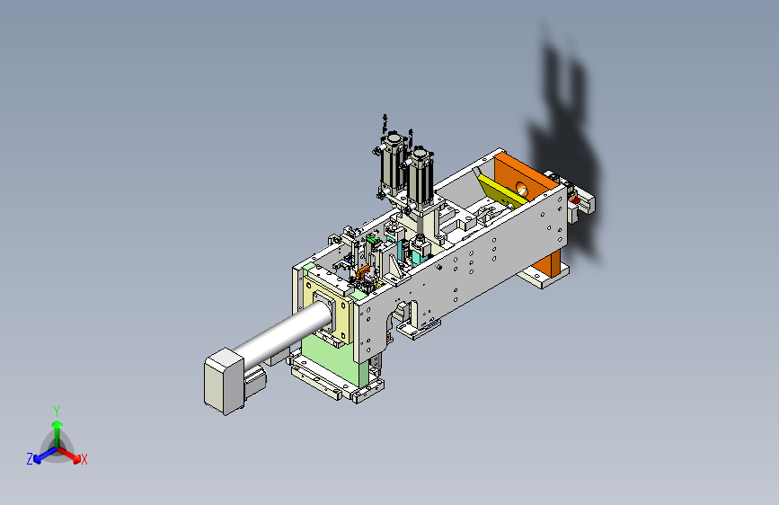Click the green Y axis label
tap(57, 411)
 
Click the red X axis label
tap(84, 460)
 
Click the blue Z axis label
tap(30, 459)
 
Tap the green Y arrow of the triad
tap(58, 435)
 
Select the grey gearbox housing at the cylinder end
tap(224, 381)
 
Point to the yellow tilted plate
tap(500, 191)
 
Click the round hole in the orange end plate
tap(522, 189)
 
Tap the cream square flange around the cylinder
tap(325, 308)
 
